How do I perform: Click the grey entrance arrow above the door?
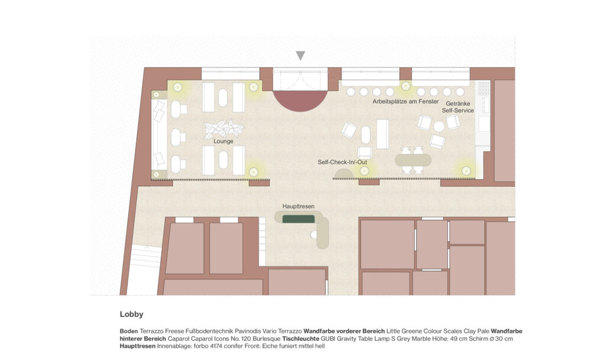[x=301, y=56]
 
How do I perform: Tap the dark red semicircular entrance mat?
[x=300, y=100]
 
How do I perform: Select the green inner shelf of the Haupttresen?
[x=298, y=219]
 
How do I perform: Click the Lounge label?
[x=223, y=141]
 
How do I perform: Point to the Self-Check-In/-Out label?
[x=342, y=162]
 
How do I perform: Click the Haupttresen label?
[x=298, y=206]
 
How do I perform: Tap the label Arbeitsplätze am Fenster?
[x=405, y=102]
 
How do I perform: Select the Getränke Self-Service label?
[x=458, y=107]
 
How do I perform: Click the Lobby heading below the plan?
[x=132, y=314]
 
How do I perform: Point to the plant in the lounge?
[x=224, y=128]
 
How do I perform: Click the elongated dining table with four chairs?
[x=413, y=160]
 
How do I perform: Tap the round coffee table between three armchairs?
[x=439, y=126]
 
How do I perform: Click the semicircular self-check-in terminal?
[x=344, y=174]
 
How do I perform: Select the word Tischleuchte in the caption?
[x=301, y=339]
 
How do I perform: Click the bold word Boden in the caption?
[x=129, y=331]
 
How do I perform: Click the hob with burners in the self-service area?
[x=483, y=88]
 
